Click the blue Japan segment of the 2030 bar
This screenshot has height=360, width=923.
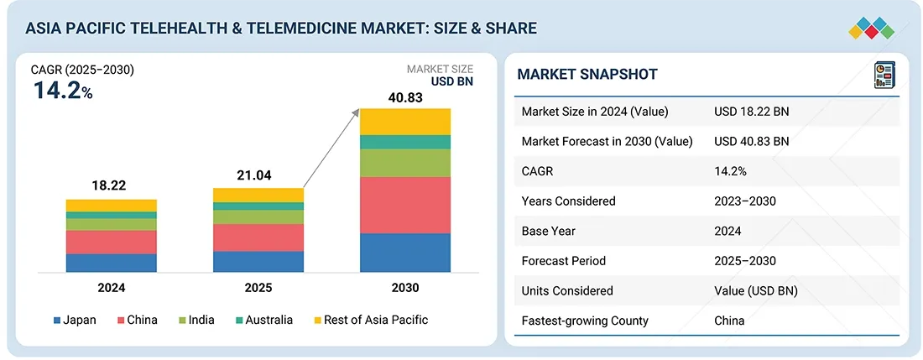pyautogui.click(x=405, y=253)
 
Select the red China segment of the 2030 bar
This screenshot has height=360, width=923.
pyautogui.click(x=405, y=205)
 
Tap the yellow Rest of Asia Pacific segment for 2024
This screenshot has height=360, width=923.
pyautogui.click(x=112, y=206)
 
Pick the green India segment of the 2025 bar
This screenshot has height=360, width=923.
pyautogui.click(x=258, y=217)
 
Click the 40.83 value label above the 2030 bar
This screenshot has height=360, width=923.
pyautogui.click(x=405, y=97)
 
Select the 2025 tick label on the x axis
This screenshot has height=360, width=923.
pyautogui.click(x=258, y=288)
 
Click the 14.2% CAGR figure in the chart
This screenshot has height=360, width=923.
pyautogui.click(x=62, y=91)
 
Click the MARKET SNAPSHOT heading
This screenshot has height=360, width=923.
pyautogui.click(x=587, y=74)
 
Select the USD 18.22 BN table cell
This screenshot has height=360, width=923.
pyautogui.click(x=752, y=112)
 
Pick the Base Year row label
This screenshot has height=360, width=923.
pyautogui.click(x=550, y=231)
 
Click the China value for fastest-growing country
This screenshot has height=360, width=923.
pyautogui.click(x=729, y=321)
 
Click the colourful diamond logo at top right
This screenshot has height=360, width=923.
pyautogui.click(x=872, y=28)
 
